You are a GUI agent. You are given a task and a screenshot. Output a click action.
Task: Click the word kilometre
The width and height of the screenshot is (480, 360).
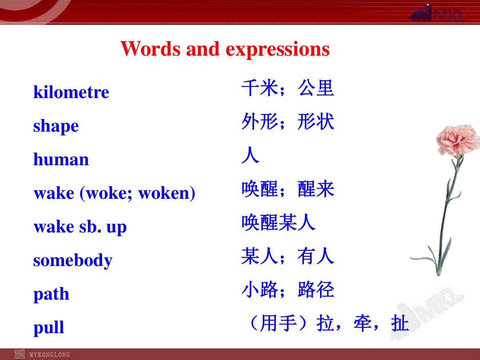click(x=71, y=92)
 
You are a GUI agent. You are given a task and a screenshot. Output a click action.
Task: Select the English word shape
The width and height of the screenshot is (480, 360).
click(x=56, y=126)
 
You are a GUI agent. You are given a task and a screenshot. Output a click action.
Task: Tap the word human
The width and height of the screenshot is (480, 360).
click(x=61, y=159)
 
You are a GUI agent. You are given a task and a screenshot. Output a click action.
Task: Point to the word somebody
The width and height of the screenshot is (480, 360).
click(x=73, y=260)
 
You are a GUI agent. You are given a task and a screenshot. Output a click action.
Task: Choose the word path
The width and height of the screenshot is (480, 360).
click(x=51, y=294)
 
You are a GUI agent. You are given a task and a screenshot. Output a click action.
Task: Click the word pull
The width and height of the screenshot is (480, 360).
click(x=48, y=328)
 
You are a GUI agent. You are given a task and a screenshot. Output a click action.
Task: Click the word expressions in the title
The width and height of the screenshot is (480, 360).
click(x=278, y=49)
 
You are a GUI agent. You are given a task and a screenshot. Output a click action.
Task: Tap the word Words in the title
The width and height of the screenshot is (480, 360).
click(x=150, y=48)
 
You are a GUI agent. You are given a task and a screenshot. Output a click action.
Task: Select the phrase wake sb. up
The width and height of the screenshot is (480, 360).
click(x=80, y=227)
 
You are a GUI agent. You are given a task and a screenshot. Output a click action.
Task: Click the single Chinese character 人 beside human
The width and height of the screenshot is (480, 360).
click(x=250, y=155)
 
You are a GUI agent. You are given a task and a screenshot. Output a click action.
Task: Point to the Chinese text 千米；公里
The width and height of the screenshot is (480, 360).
click(x=288, y=88)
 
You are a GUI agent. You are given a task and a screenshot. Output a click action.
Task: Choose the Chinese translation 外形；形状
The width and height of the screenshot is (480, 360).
click(x=288, y=121)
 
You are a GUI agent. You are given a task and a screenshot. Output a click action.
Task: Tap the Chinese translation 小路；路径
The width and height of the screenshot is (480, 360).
click(x=288, y=290)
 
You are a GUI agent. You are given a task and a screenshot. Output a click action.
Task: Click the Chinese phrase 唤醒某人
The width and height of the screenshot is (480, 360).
click(x=278, y=222)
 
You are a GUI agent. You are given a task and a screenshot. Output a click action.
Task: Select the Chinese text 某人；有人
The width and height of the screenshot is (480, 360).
click(x=288, y=256)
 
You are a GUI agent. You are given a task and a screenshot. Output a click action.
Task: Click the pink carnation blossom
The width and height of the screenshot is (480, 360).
click(x=458, y=140)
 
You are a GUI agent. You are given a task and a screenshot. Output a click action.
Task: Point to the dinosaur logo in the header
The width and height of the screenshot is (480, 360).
click(x=421, y=13)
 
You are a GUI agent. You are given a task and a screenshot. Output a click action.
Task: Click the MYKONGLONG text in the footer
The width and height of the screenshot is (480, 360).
click(x=50, y=354)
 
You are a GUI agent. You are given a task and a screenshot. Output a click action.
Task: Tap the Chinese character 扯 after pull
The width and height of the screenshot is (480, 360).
click(x=400, y=323)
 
